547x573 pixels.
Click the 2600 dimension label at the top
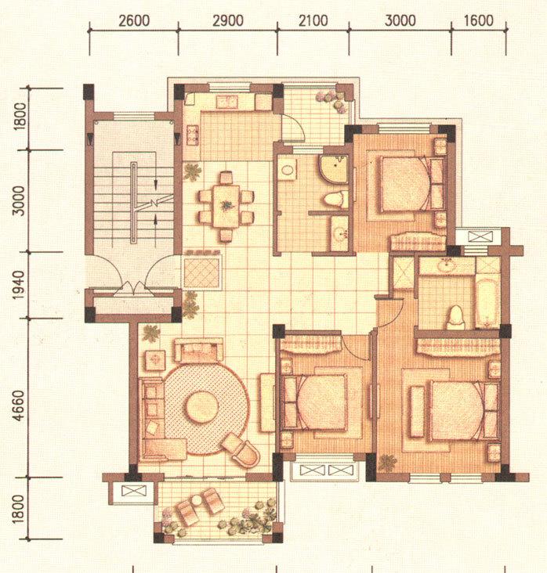tap(134, 20)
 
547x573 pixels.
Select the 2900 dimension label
tap(228, 20)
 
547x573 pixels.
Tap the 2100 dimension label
tap(313, 20)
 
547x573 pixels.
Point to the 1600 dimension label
tap(479, 20)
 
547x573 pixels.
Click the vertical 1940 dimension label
tap(20, 285)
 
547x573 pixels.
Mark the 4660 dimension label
tap(20, 405)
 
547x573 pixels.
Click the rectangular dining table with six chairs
tap(226, 207)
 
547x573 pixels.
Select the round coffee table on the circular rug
tap(201, 407)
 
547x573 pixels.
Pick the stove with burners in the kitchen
tap(193, 135)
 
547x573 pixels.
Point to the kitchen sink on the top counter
tap(227, 102)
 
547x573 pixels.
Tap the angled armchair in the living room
tap(241, 451)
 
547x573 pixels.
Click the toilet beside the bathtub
tap(456, 317)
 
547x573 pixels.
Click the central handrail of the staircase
tap(134, 203)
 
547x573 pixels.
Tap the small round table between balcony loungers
tap(197, 499)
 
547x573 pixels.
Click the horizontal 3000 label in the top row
tap(400, 20)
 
